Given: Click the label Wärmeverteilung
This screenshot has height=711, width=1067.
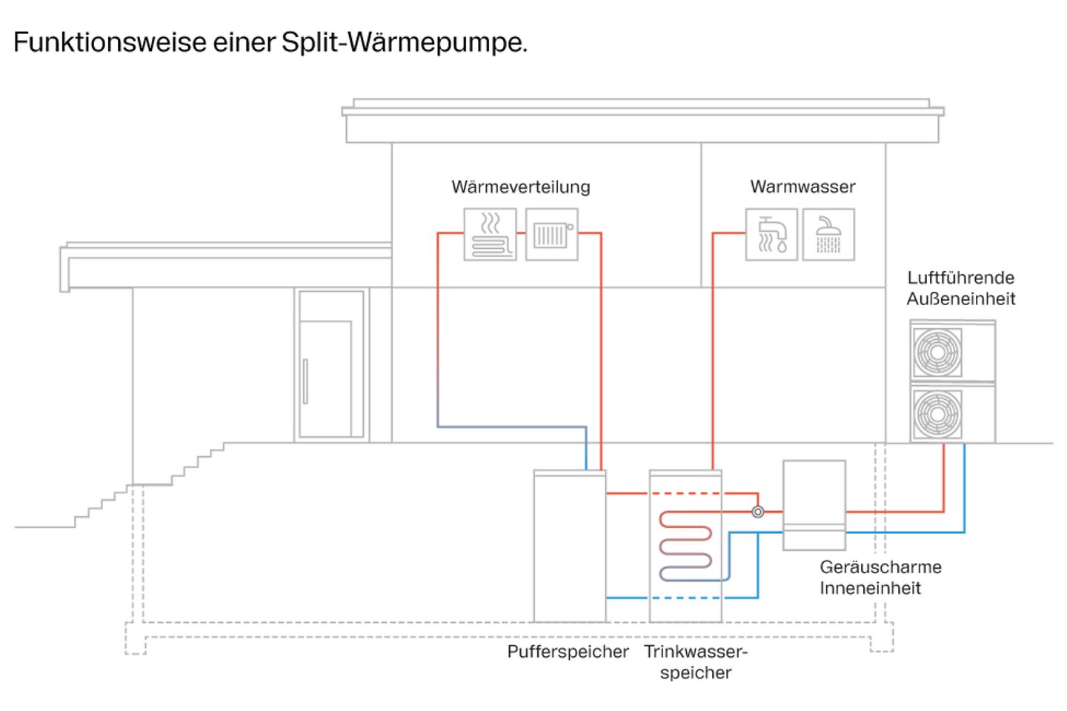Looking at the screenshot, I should click(520, 187).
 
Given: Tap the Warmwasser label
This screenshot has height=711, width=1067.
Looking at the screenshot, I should click(802, 187).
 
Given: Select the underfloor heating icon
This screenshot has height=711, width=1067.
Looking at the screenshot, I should click(490, 234).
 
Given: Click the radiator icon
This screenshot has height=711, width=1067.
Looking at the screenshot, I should click(551, 234).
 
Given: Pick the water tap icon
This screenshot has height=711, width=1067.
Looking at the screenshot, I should click(771, 234).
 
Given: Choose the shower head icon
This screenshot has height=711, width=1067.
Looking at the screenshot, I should click(828, 234).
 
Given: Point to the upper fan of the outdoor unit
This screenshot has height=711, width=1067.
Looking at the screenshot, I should click(937, 352).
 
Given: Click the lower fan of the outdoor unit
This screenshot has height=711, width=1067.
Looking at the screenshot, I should click(937, 414).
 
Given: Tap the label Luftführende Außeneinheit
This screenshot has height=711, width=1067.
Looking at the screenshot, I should click(961, 288).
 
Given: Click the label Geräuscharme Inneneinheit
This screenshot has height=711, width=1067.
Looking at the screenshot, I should click(880, 578).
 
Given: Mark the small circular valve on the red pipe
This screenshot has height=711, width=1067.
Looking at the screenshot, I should click(757, 512).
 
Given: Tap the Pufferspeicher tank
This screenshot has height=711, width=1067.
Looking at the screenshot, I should click(569, 547).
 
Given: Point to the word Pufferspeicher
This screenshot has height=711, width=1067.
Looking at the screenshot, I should click(568, 652).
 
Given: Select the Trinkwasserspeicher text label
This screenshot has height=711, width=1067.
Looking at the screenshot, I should click(696, 662).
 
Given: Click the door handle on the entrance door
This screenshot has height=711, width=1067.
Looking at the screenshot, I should click(305, 381).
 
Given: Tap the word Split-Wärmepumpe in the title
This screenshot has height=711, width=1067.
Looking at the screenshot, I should click(405, 42).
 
